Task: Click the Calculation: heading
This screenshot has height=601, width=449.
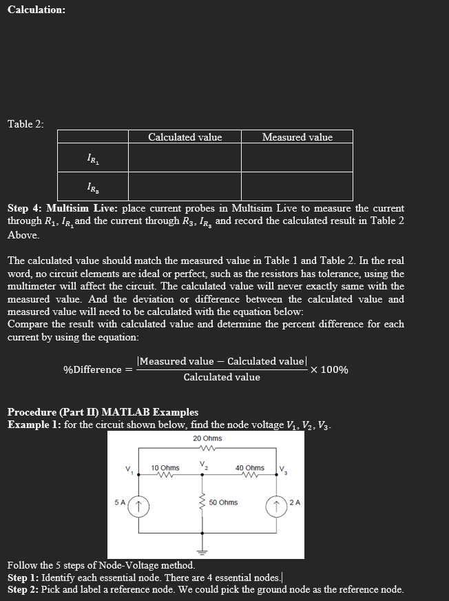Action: (36, 10)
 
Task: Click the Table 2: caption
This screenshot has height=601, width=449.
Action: (25, 124)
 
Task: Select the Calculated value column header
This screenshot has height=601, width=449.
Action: (185, 137)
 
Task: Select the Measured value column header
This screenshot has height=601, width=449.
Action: (297, 137)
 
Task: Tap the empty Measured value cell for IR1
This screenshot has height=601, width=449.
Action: (297, 159)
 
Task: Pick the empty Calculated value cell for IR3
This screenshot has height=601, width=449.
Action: (185, 187)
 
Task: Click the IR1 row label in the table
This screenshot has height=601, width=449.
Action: (92, 159)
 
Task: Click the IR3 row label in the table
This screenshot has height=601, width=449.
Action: (92, 187)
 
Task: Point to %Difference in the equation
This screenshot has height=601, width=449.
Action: (92, 370)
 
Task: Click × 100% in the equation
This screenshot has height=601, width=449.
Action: (329, 370)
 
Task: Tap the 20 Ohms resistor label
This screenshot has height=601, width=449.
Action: (207, 439)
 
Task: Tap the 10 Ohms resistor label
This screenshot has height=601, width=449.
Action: (165, 468)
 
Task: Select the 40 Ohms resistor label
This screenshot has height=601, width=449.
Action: (249, 468)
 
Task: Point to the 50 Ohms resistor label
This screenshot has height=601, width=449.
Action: (223, 502)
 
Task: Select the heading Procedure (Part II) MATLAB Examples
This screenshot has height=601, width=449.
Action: (103, 412)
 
